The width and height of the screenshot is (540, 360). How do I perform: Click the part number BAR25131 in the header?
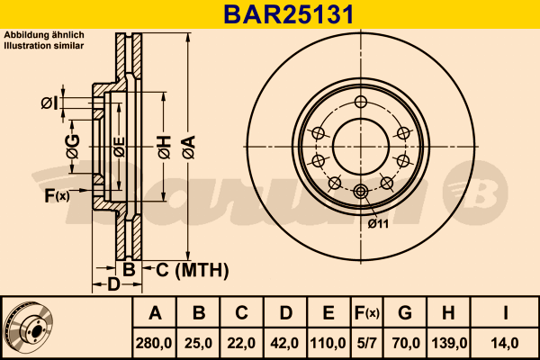click(289, 14)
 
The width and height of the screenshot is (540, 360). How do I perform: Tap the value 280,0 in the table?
click(154, 343)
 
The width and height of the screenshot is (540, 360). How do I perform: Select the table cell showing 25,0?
click(198, 343)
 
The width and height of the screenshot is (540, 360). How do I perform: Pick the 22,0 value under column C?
click(241, 343)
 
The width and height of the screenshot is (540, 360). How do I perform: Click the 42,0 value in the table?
click(284, 343)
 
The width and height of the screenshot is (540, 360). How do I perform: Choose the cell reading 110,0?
click(328, 343)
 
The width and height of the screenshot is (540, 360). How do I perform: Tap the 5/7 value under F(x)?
click(367, 343)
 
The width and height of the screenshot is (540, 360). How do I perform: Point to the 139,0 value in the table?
click(449, 343)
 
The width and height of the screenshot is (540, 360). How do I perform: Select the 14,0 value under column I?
click(505, 343)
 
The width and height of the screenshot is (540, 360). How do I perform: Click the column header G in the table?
click(405, 313)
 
